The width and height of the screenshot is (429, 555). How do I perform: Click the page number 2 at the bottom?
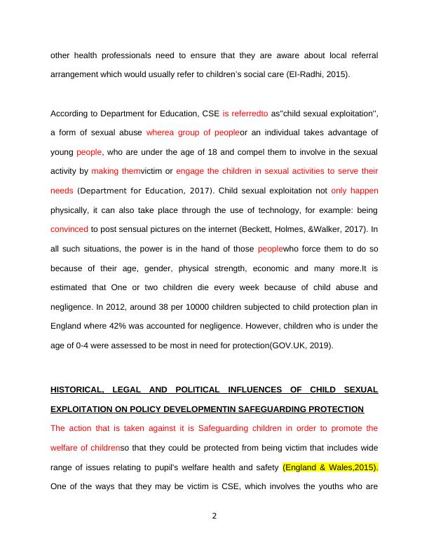(x=214, y=516)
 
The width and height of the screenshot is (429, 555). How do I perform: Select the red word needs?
(x=62, y=190)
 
